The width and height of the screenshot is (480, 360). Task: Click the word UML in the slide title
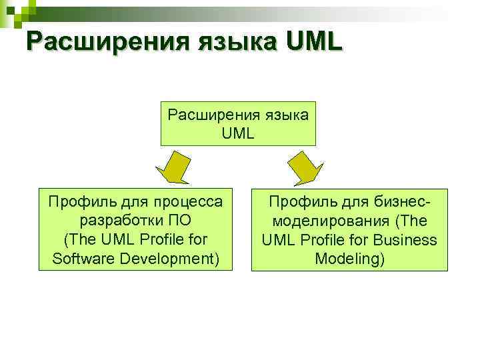tap(313, 41)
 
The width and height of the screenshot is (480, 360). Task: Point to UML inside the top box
tap(238, 133)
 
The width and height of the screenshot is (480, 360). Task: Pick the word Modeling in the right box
tap(349, 258)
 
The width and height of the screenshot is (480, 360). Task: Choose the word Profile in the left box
tap(144, 239)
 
